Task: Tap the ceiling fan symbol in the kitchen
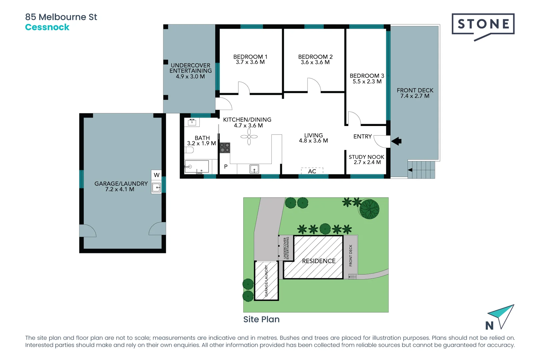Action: tap(249, 137)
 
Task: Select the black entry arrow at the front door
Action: tap(396, 141)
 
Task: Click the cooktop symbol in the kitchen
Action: tap(225, 148)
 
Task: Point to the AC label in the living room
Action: tap(312, 171)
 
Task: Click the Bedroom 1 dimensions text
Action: tap(250, 62)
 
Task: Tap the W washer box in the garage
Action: tap(157, 175)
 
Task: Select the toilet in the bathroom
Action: tap(189, 150)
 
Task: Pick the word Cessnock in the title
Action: tap(47, 27)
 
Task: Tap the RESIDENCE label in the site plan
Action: tap(319, 261)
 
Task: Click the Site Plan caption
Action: tap(261, 319)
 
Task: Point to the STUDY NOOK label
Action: tap(366, 157)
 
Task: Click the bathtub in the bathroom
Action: tap(197, 167)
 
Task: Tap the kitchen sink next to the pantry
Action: tap(254, 169)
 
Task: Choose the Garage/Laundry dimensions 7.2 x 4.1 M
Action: tap(120, 189)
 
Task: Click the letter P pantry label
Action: tap(226, 166)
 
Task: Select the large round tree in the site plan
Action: tap(369, 209)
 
